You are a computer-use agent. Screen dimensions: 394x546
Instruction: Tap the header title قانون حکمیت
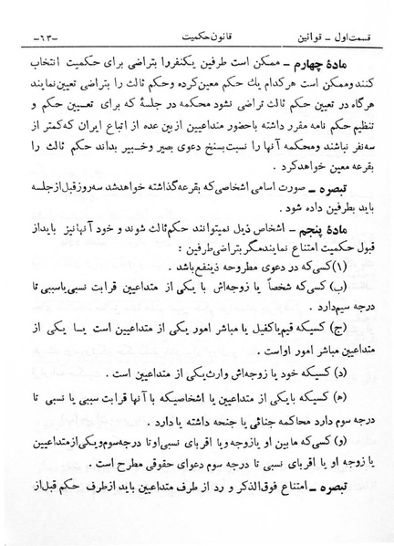tap(202, 35)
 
